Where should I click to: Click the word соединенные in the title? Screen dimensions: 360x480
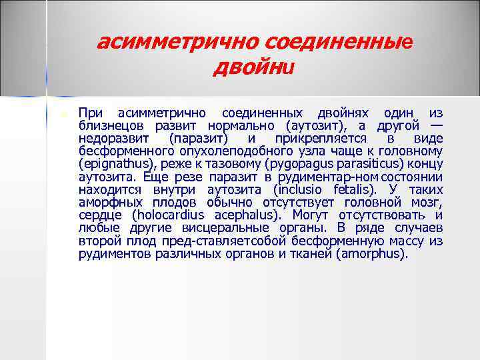pos(339,43)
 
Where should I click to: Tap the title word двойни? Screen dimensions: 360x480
pos(253,68)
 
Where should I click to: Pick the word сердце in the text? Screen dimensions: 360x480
pos(100,215)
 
